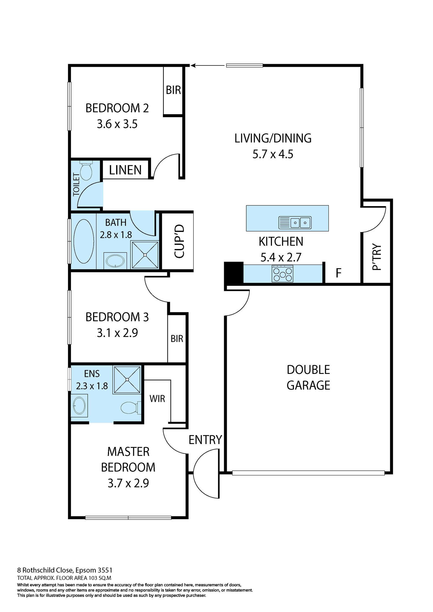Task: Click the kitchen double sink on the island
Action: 295,222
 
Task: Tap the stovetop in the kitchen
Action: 283,274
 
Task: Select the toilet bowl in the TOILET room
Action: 86,171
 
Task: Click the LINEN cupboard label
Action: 125,170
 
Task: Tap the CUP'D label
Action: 179,241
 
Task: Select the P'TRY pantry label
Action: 376,257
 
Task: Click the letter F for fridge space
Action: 338,273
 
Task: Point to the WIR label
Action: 157,399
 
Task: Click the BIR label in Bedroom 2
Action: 173,90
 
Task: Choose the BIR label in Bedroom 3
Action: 177,338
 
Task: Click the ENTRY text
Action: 205,440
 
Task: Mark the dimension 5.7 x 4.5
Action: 273,154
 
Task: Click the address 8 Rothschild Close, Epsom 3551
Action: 65,570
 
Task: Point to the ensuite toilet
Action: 130,408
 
